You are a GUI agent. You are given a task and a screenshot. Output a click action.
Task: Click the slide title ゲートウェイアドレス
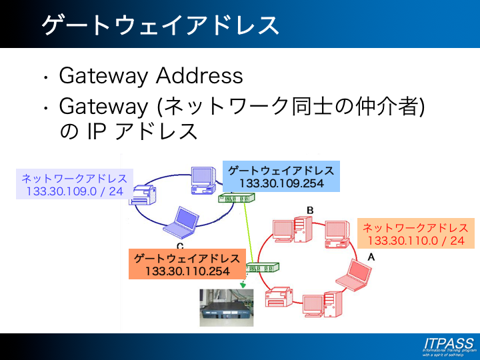pyautogui.click(x=160, y=25)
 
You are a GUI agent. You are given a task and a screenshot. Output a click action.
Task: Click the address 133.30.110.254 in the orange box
pyautogui.click(x=187, y=271)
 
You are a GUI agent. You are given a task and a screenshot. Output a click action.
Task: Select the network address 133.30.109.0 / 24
pyautogui.click(x=75, y=191)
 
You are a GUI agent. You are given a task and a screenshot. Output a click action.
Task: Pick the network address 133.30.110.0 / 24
pyautogui.click(x=416, y=241)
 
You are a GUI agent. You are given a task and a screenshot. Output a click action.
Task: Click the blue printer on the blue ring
pyautogui.click(x=143, y=195)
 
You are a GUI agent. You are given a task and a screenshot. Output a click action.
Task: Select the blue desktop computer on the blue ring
pyautogui.click(x=202, y=179)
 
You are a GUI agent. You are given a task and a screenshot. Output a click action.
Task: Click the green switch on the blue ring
pyautogui.click(x=238, y=199)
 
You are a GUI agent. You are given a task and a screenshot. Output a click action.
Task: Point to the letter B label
pyautogui.click(x=310, y=211)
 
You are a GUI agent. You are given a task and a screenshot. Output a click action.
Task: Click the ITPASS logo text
pyautogui.click(x=448, y=343)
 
